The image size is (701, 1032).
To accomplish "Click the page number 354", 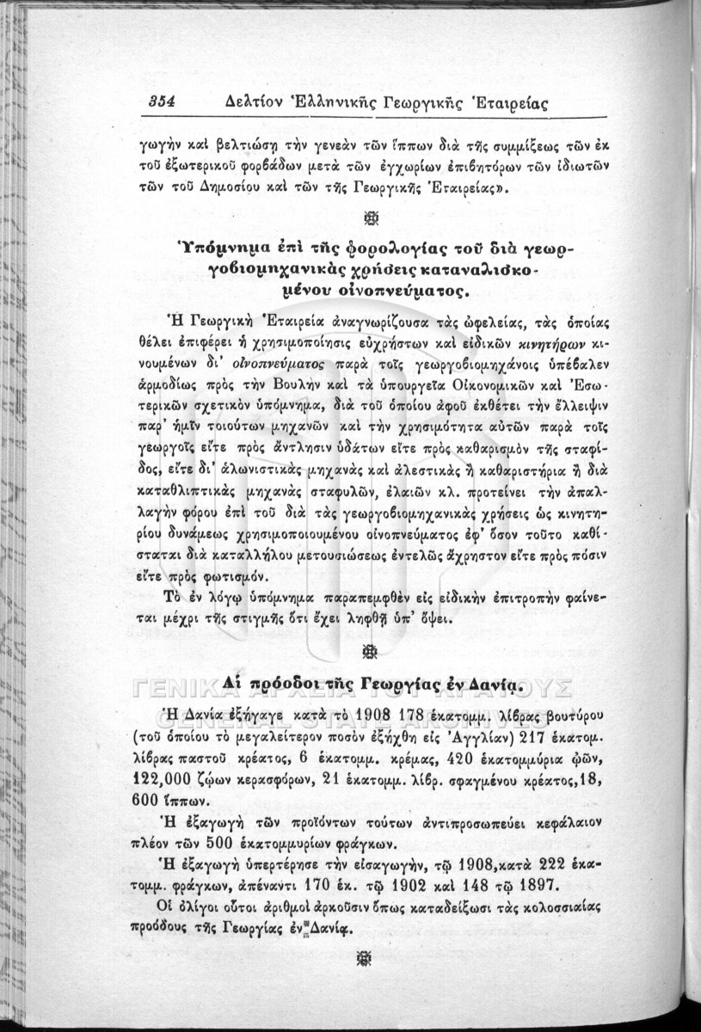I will point(160,101).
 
